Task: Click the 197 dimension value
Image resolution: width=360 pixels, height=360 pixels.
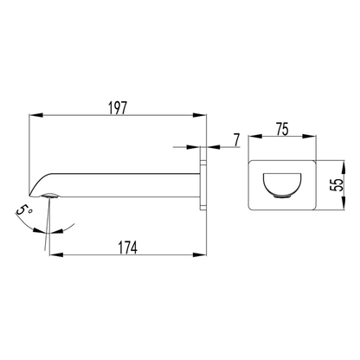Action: point(118,108)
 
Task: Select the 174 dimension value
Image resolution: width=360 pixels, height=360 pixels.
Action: point(128,247)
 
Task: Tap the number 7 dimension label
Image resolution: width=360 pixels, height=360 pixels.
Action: point(236,140)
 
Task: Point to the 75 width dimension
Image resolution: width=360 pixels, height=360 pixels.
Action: point(282,129)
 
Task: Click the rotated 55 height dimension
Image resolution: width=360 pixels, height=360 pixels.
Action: point(337,185)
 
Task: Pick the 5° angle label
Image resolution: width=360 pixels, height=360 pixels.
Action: point(24,210)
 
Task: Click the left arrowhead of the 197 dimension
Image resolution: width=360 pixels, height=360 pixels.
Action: point(35,115)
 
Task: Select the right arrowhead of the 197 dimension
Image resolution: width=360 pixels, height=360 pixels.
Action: point(200,115)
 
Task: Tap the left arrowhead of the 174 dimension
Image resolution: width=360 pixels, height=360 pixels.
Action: point(56,254)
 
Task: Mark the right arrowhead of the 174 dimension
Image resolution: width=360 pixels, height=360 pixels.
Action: point(200,254)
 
